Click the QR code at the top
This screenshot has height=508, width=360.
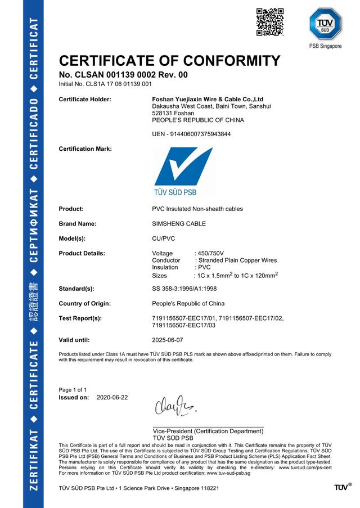click(269, 22)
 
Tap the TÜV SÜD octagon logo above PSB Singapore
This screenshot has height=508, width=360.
click(326, 24)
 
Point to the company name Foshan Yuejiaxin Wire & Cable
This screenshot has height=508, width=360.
click(208, 99)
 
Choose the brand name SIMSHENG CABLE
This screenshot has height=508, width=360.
click(179, 223)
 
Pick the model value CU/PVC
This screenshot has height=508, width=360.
click(164, 239)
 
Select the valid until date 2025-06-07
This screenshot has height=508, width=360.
click(168, 340)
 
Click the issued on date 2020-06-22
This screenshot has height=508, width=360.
click(112, 397)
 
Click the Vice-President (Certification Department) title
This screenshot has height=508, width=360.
click(208, 431)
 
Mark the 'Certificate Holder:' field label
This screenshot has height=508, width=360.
click(85, 99)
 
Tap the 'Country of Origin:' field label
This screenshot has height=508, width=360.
click(86, 303)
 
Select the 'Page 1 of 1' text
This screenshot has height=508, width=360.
click(73, 389)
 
